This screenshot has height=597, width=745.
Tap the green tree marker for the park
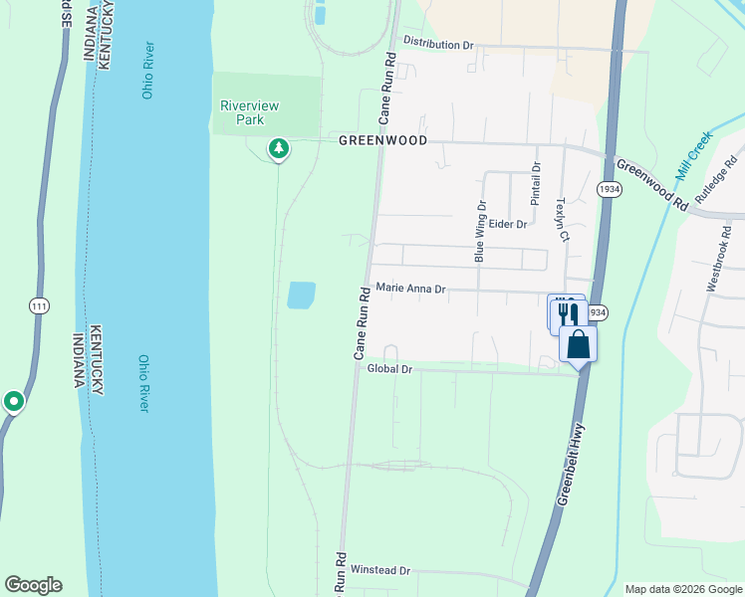[x=279, y=149]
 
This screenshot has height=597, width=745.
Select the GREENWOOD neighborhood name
[x=382, y=141]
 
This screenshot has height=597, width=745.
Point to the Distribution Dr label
[x=438, y=45]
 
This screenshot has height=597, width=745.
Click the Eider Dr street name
[x=507, y=225]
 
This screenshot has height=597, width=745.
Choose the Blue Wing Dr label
[x=480, y=232]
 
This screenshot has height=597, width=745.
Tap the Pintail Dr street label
[x=536, y=184]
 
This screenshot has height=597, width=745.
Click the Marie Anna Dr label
[x=409, y=289]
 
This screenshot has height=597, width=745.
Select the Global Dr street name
[x=389, y=369]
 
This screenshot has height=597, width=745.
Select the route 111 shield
[x=38, y=306]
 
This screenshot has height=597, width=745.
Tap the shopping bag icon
[x=579, y=344]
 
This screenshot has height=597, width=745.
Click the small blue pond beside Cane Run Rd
[x=301, y=295]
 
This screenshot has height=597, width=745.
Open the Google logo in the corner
[x=33, y=585]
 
